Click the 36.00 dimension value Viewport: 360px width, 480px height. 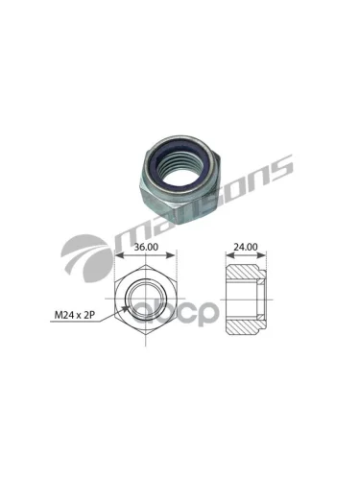coord(146,247)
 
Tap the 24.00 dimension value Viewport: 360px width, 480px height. coord(245,247)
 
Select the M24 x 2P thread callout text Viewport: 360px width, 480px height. coord(75,315)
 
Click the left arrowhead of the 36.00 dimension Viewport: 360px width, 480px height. coord(118,255)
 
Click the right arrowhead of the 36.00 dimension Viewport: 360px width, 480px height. coord(172,255)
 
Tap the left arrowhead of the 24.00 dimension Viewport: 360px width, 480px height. coord(229,255)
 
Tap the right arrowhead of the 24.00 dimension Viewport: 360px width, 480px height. coord(262,255)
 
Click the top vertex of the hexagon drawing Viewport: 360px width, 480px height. coord(146,265)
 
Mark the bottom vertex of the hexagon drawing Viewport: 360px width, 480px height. coord(146,335)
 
